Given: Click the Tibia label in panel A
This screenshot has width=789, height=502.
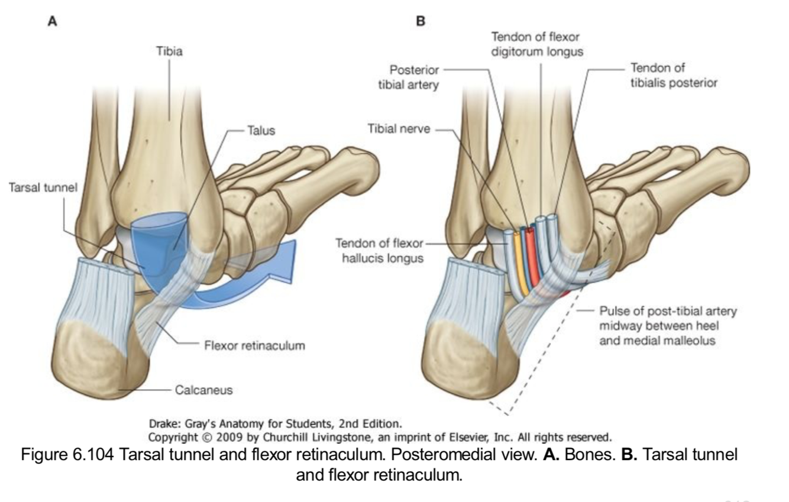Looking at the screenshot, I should pyautogui.click(x=169, y=51).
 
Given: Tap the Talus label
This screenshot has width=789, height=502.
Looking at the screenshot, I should pyautogui.click(x=261, y=130).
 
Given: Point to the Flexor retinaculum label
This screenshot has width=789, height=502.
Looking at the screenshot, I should pyautogui.click(x=254, y=345).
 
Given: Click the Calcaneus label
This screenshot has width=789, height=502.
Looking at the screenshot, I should pyautogui.click(x=203, y=390).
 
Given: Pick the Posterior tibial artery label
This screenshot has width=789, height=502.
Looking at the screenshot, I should pyautogui.click(x=409, y=77).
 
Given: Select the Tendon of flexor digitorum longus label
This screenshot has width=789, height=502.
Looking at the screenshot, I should pyautogui.click(x=537, y=44).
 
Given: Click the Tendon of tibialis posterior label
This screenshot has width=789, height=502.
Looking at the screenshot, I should pyautogui.click(x=674, y=75).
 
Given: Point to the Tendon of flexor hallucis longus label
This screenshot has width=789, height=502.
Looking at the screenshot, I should pyautogui.click(x=379, y=250).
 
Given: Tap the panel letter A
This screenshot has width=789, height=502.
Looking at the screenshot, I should pyautogui.click(x=53, y=21).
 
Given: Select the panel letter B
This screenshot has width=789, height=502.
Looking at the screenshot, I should pyautogui.click(x=421, y=21).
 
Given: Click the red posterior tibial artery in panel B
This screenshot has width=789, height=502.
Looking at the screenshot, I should pyautogui.click(x=531, y=260).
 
